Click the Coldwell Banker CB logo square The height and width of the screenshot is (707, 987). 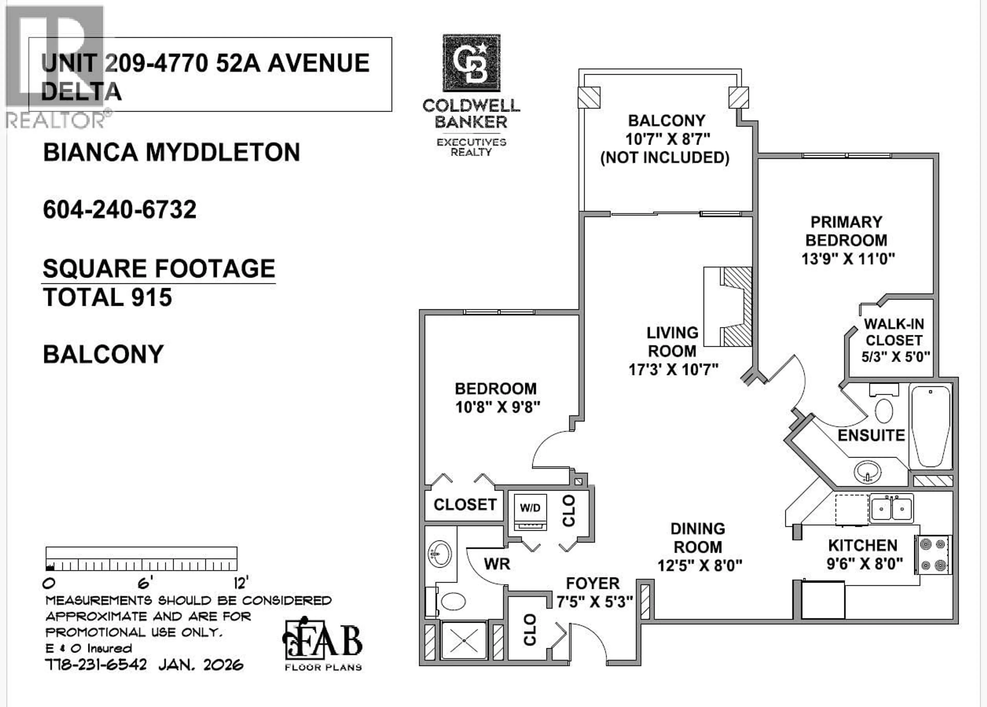click(472, 63)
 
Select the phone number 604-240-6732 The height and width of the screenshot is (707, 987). click(120, 210)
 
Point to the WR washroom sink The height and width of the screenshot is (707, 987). click(440, 554)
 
